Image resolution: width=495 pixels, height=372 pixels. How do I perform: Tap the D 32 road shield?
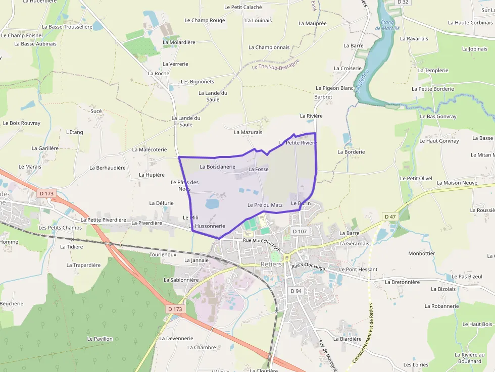point(403,3)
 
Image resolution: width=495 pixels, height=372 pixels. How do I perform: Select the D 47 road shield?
point(389,217)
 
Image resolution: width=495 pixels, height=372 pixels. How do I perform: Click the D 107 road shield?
point(300,231)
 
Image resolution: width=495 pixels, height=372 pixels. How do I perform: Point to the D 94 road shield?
point(296,291)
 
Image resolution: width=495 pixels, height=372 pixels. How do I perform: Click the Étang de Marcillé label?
point(388,25)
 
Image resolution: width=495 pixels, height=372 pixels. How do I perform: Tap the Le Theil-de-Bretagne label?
point(275,64)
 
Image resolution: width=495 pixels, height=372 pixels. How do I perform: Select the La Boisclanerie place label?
point(218,167)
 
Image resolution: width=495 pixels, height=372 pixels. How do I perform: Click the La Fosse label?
point(258,170)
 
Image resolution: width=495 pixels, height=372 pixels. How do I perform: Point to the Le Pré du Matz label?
point(265,205)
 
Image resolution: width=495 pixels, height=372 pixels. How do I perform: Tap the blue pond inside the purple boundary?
point(212,203)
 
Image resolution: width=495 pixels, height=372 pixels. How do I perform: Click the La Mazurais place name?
point(248,132)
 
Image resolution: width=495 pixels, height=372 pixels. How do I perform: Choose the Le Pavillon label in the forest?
point(100,339)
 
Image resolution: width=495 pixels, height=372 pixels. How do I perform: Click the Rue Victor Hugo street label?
point(308,266)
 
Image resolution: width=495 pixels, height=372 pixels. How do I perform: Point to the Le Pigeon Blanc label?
point(334,88)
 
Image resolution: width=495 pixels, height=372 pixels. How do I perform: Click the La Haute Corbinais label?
point(470,23)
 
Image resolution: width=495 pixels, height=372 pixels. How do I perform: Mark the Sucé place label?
point(96,111)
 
